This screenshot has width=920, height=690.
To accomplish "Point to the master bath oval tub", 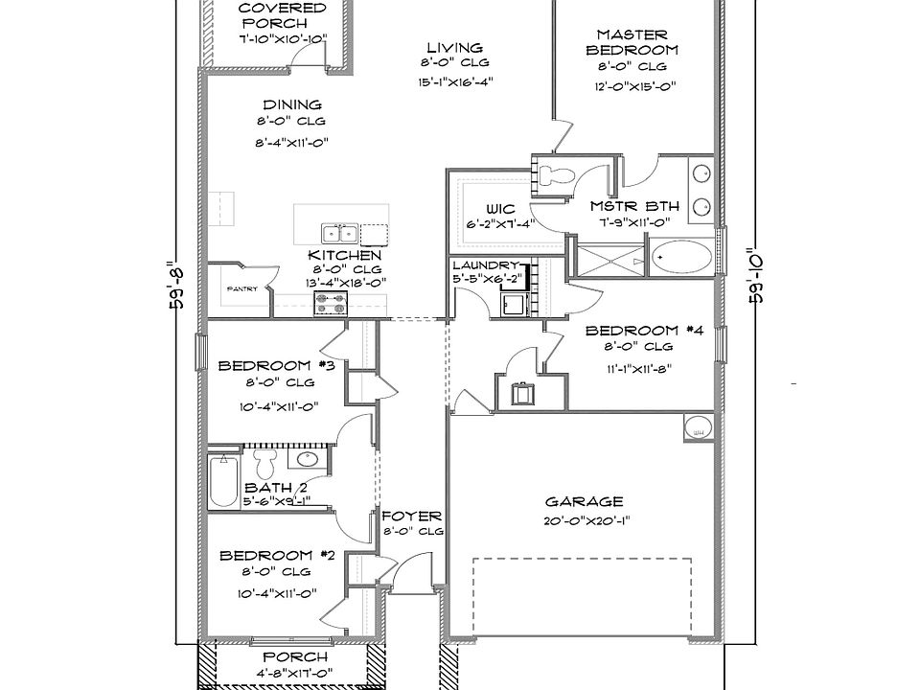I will point(681,258).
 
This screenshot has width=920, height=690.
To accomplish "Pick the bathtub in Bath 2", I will point(221,483).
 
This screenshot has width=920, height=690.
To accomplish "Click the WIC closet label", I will point(500,209).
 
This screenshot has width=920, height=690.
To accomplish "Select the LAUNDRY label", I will point(485,264).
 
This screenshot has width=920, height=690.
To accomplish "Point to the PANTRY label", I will point(241,288).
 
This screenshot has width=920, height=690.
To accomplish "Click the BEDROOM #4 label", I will point(645,331).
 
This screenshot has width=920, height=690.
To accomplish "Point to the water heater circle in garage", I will point(697,427).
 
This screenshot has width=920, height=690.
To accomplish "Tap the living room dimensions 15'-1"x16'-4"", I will point(454,81).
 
